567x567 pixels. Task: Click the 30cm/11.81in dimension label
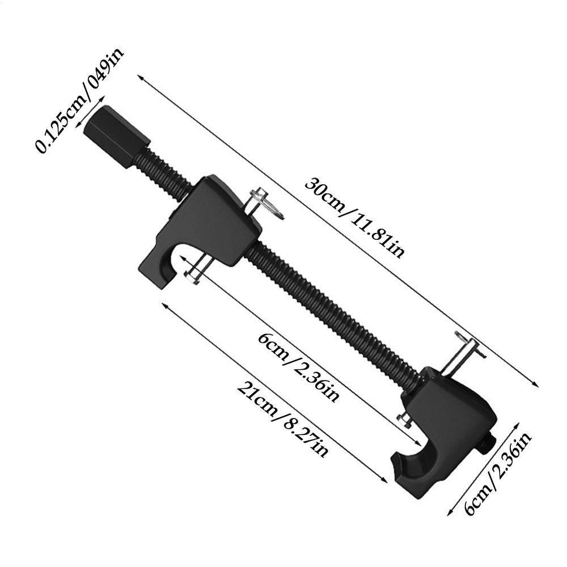[x=355, y=218]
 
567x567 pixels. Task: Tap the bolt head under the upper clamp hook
[x=191, y=277]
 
